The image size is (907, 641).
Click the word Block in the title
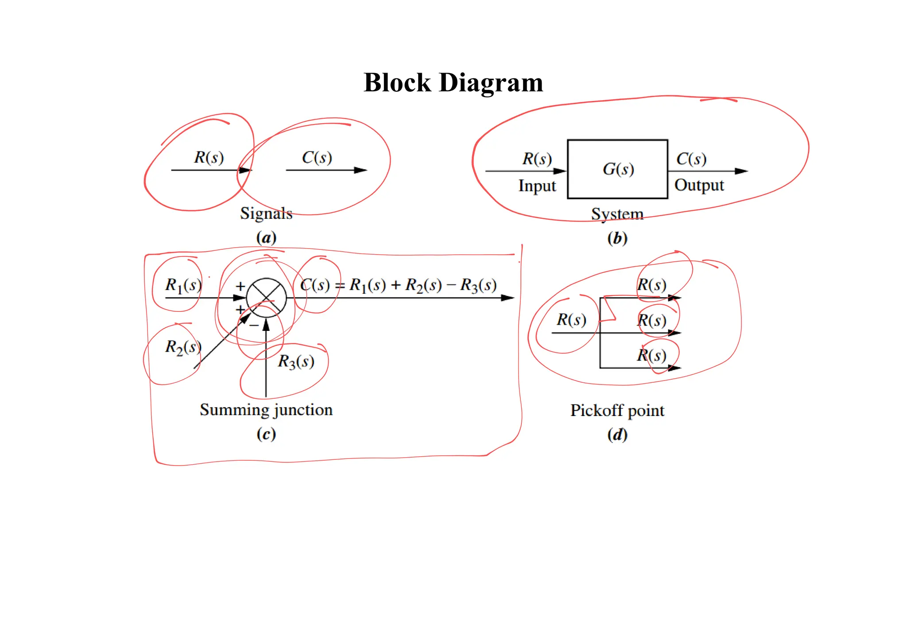pyautogui.click(x=397, y=83)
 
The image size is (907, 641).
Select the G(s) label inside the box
pyautogui.click(x=618, y=169)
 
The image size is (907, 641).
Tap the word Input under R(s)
pyautogui.click(x=537, y=186)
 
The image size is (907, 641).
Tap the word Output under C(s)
pyautogui.click(x=699, y=185)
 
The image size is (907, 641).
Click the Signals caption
pyautogui.click(x=266, y=214)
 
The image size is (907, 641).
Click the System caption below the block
pyautogui.click(x=617, y=214)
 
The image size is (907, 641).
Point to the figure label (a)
pyautogui.click(x=266, y=238)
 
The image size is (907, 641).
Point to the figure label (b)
pyautogui.click(x=617, y=238)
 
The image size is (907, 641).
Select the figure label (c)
pyautogui.click(x=266, y=434)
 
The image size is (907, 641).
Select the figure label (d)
pyautogui.click(x=617, y=435)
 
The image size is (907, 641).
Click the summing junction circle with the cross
pyautogui.click(x=266, y=298)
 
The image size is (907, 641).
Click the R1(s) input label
pyautogui.click(x=183, y=285)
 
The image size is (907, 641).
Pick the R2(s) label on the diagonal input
pyautogui.click(x=183, y=347)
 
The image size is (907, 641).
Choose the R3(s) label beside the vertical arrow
pyautogui.click(x=296, y=361)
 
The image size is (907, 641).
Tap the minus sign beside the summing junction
pyautogui.click(x=254, y=326)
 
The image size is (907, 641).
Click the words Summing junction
pyautogui.click(x=266, y=410)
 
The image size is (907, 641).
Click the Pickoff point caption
pyautogui.click(x=617, y=411)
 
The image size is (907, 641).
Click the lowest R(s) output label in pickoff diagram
pyautogui.click(x=651, y=355)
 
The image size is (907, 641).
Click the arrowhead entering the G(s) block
pyautogui.click(x=560, y=171)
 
